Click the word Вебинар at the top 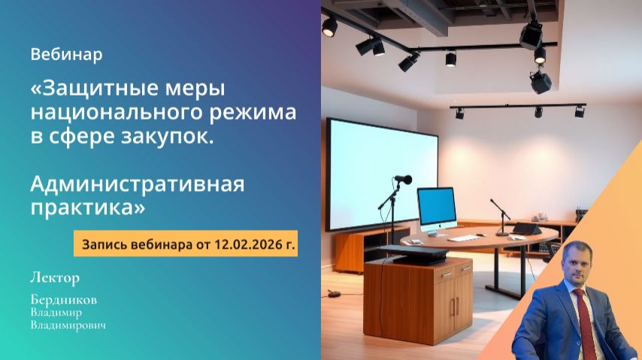(x=66, y=55)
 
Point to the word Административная (x=138, y=183)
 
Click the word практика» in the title (x=87, y=207)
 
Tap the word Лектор (x=54, y=278)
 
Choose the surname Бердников (x=64, y=299)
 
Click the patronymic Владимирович (x=68, y=325)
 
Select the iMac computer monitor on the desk (x=436, y=207)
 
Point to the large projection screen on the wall (x=381, y=172)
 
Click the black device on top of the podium (x=413, y=253)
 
